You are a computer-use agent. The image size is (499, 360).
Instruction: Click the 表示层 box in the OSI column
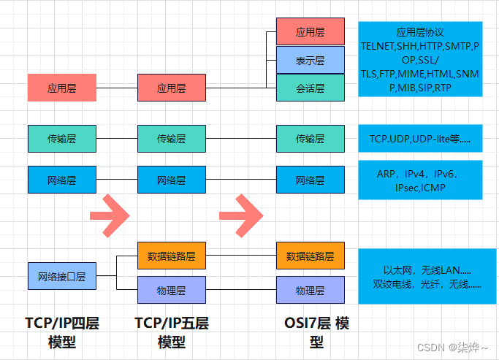click(x=310, y=61)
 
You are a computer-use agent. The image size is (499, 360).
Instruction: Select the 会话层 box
click(x=310, y=88)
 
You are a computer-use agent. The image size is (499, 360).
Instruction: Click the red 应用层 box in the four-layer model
click(x=61, y=88)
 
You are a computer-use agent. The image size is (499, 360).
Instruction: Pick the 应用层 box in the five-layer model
click(x=172, y=88)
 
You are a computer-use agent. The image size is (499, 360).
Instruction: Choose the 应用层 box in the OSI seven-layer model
click(x=310, y=33)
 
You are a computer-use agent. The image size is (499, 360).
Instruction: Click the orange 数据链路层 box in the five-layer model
click(x=172, y=256)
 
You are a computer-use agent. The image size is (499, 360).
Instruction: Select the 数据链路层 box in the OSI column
click(x=310, y=256)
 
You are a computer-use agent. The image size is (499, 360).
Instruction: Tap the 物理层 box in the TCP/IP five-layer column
click(x=172, y=290)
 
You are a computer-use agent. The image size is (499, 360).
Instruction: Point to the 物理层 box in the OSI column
click(x=310, y=290)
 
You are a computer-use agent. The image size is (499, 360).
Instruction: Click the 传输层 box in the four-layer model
click(x=61, y=138)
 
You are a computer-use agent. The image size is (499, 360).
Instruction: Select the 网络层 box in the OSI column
click(x=310, y=180)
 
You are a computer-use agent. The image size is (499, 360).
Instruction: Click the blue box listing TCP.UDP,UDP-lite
click(x=420, y=138)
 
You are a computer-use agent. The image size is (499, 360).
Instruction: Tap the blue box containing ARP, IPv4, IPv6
click(x=420, y=180)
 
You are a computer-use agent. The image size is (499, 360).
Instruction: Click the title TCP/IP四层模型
click(x=61, y=332)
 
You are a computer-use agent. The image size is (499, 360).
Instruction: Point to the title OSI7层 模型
click(x=316, y=332)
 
